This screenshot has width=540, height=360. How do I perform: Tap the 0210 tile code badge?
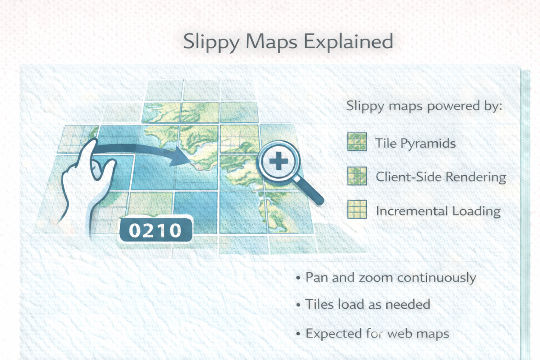(156, 230)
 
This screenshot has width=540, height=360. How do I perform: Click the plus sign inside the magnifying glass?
(279, 161)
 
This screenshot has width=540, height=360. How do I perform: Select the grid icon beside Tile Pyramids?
(357, 142)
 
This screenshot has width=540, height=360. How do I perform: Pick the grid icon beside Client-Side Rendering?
(357, 176)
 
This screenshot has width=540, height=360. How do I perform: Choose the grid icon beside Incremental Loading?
(357, 209)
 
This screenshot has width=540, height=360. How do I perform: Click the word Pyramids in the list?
(428, 144)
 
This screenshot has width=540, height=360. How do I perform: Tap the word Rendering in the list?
(475, 177)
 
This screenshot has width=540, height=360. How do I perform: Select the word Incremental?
(412, 211)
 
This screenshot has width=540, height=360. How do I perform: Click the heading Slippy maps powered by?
(424, 106)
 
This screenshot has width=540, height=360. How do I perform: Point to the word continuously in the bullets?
(436, 278)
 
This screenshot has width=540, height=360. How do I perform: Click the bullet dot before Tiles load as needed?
(298, 305)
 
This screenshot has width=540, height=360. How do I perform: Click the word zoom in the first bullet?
(376, 278)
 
